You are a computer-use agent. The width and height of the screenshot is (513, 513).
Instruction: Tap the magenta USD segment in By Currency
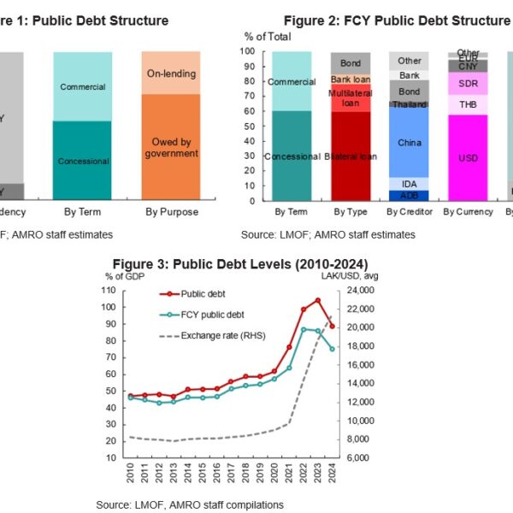pyautogui.click(x=468, y=157)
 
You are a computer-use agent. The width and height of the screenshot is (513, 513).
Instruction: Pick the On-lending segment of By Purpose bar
pyautogui.click(x=170, y=73)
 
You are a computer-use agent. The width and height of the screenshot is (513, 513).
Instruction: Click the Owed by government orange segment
pyautogui.click(x=170, y=147)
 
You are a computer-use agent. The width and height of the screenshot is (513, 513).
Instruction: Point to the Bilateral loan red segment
pyautogui.click(x=351, y=156)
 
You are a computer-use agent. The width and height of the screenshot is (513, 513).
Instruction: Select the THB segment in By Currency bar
pyautogui.click(x=468, y=104)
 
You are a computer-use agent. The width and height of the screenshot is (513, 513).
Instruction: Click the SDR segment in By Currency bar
pyautogui.click(x=468, y=83)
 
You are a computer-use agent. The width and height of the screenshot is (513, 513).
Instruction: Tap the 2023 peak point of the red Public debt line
pyautogui.click(x=318, y=300)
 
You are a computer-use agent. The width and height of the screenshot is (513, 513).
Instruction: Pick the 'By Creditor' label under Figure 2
pyautogui.click(x=409, y=211)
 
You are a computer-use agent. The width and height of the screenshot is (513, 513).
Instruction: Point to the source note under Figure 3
pyautogui.click(x=190, y=504)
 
